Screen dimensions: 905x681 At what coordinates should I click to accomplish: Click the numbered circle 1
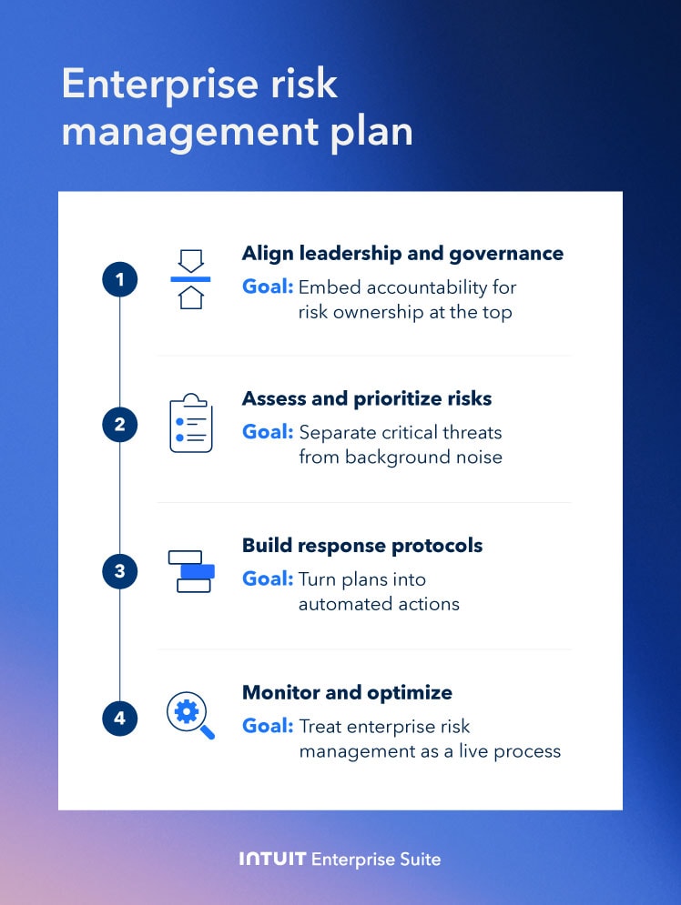pyautogui.click(x=119, y=279)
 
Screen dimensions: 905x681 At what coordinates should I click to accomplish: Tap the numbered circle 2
pyautogui.click(x=119, y=425)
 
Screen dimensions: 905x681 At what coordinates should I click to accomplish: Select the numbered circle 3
pyautogui.click(x=119, y=572)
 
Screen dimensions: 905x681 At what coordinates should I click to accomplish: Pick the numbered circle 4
pyautogui.click(x=119, y=719)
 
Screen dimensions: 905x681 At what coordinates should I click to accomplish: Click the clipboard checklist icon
pyautogui.click(x=190, y=423)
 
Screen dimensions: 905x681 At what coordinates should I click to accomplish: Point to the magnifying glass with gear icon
pyautogui.click(x=189, y=715)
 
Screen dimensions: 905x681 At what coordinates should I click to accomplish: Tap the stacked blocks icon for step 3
pyautogui.click(x=191, y=571)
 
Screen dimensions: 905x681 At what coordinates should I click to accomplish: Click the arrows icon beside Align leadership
pyautogui.click(x=190, y=279)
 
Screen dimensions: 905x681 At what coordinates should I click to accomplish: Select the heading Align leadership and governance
pyautogui.click(x=402, y=254)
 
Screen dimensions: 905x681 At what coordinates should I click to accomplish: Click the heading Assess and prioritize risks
pyautogui.click(x=366, y=399)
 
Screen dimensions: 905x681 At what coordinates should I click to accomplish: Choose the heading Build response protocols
pyautogui.click(x=362, y=546)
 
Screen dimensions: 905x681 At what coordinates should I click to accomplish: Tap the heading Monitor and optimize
pyautogui.click(x=347, y=693)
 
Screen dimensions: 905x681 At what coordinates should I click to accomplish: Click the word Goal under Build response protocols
pyautogui.click(x=267, y=579)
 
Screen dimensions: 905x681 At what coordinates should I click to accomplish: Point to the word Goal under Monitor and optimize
pyautogui.click(x=267, y=726)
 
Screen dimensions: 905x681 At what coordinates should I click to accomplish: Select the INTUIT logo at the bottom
pyautogui.click(x=271, y=859)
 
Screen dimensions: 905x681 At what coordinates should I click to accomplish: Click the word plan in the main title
pyautogui.click(x=372, y=132)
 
